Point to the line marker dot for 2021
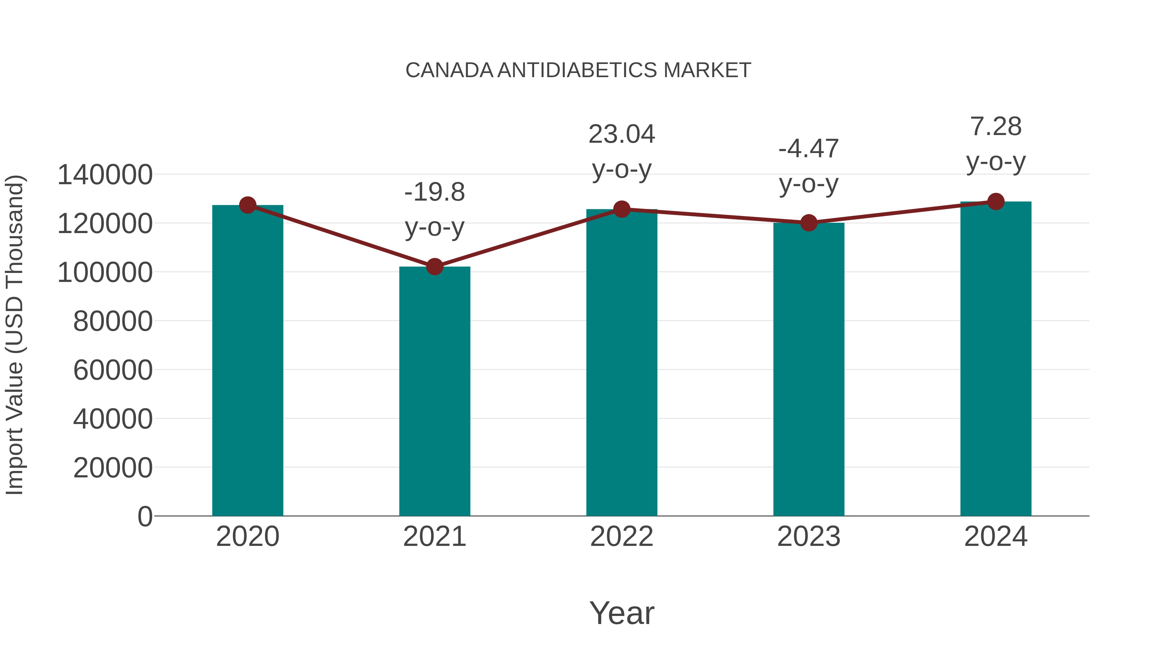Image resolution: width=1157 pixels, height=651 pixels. pos(434,267)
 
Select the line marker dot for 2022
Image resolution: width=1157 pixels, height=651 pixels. pos(622,209)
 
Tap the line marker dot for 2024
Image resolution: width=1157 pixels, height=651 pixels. pos(996,202)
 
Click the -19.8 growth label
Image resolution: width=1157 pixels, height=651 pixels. pos(434,192)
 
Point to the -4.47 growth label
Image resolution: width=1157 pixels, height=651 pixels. pos(809,149)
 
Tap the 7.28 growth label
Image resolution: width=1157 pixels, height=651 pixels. pos(996,127)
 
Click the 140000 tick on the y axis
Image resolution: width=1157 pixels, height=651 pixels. pos(105,175)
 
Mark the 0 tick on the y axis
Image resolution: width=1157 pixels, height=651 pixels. pos(145,517)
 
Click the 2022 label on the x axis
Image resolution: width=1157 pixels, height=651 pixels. pos(622,537)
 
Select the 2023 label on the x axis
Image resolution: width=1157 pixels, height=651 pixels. pos(809,537)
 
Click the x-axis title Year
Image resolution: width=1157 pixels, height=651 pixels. pos(622,613)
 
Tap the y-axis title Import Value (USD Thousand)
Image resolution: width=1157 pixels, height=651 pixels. pos(14,335)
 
